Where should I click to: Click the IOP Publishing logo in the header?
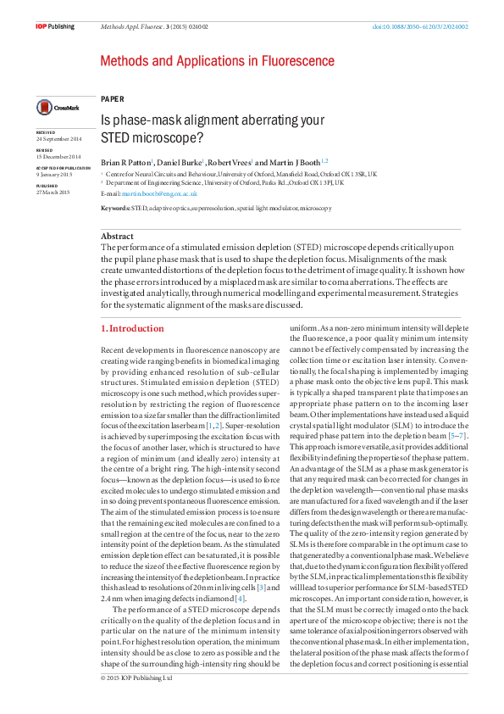55,27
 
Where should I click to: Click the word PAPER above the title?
112,98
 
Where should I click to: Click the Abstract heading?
117,236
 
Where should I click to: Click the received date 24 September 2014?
58,138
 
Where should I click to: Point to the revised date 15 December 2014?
58,157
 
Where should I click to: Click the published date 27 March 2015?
53,192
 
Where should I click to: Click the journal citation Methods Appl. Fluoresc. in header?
134,27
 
